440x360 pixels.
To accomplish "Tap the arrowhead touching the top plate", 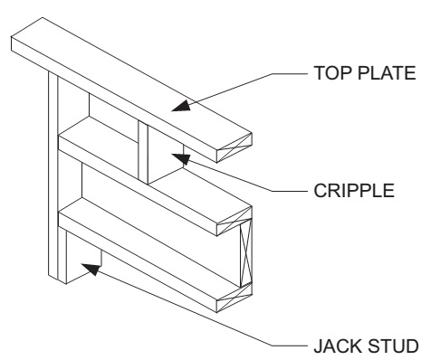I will point(182,105).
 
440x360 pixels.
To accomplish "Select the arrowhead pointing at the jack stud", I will point(91,266).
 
